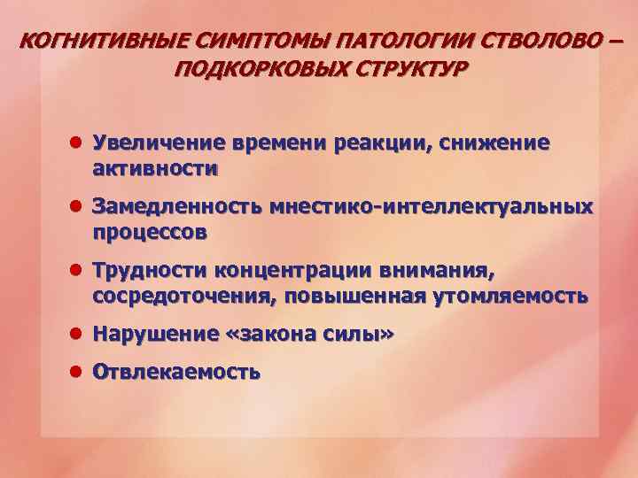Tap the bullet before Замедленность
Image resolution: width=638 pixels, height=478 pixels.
click(x=77, y=206)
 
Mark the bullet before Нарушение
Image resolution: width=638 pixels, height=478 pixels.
click(x=77, y=334)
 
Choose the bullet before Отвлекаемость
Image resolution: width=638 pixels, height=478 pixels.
click(x=77, y=372)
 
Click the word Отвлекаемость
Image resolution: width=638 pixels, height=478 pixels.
click(x=176, y=372)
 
